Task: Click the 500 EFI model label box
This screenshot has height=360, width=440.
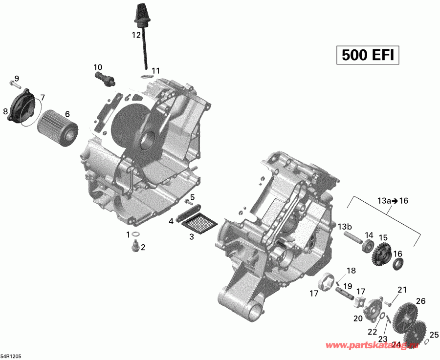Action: (x=367, y=55)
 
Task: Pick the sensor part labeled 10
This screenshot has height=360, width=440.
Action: (x=105, y=79)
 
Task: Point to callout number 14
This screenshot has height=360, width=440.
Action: (x=369, y=235)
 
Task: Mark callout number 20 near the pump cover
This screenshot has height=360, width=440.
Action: (x=358, y=318)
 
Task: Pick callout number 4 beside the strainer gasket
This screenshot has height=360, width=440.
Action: (x=171, y=221)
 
